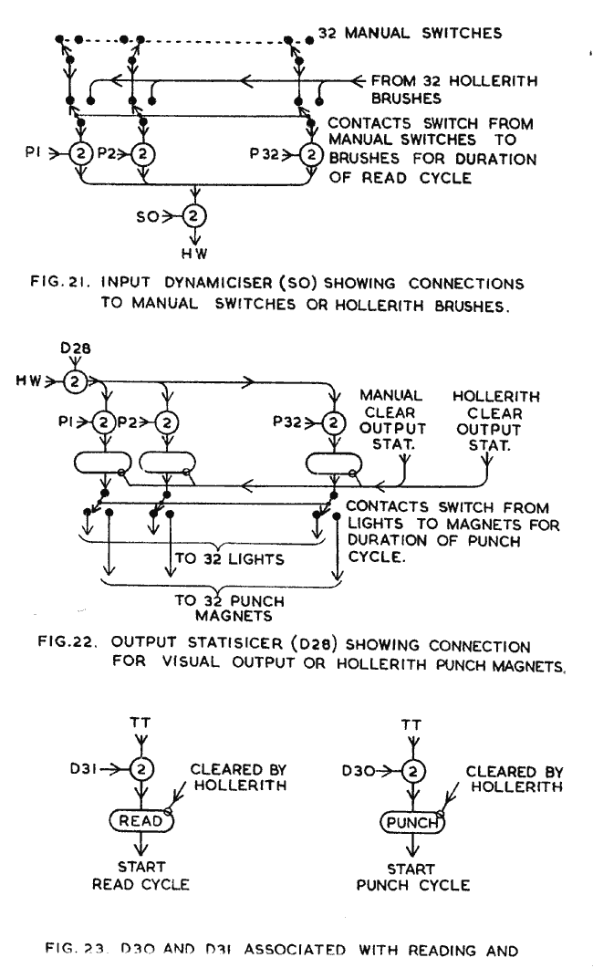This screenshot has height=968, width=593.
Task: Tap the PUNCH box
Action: pyautogui.click(x=411, y=821)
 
